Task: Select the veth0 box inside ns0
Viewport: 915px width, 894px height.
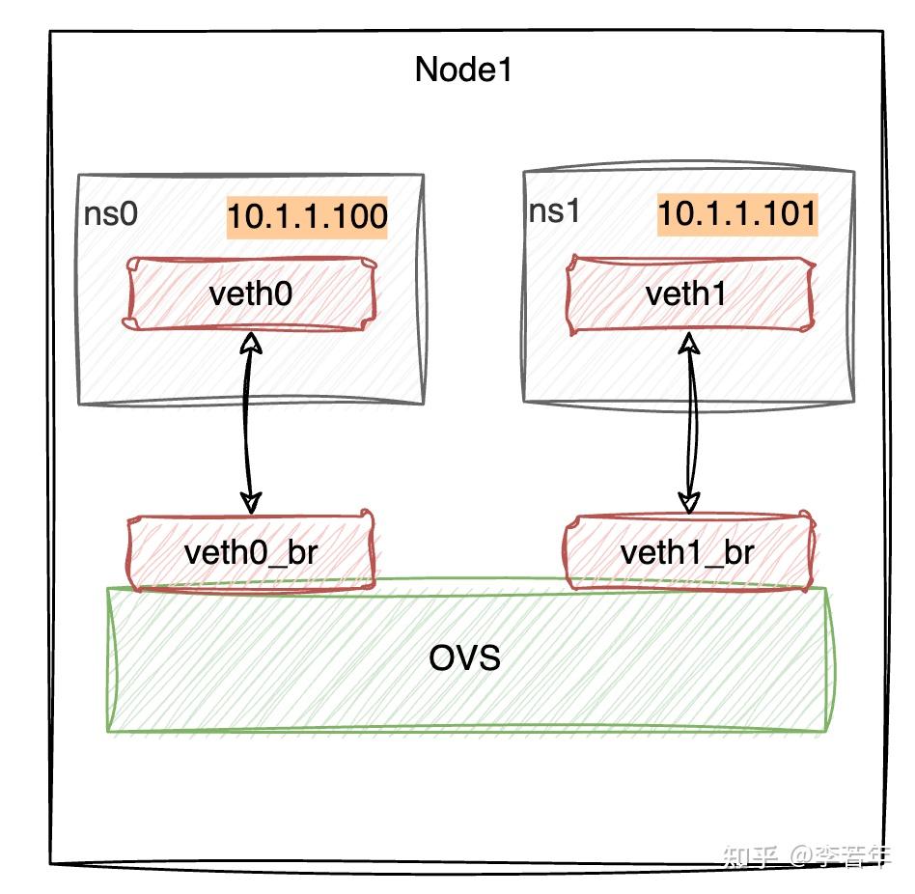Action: click(248, 293)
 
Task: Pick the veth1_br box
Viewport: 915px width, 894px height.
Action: click(687, 552)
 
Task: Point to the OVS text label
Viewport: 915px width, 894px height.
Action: click(464, 659)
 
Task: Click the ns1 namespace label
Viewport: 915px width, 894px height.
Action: click(554, 211)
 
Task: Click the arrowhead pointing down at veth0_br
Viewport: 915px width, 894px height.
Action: click(251, 502)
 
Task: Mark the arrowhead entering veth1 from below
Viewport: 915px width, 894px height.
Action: click(689, 343)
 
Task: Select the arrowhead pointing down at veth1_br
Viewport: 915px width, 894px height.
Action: click(688, 502)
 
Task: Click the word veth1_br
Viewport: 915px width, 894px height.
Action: click(687, 553)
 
